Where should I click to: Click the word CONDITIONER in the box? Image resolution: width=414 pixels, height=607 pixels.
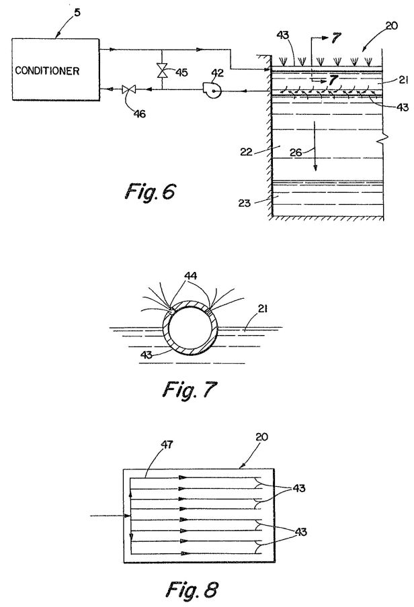[x=47, y=71]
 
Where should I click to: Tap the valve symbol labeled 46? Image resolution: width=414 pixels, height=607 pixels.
[x=127, y=89]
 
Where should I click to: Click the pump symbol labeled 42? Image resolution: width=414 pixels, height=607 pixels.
[x=212, y=91]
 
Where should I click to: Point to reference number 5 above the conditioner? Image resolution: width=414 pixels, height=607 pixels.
[x=77, y=12]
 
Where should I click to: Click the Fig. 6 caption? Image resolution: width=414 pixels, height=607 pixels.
[x=150, y=191]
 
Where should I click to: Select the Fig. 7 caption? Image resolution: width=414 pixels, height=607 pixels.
[x=189, y=389]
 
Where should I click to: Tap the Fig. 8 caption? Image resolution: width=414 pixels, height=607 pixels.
[x=192, y=589]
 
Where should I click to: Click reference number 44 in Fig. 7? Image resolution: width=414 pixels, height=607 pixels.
[x=190, y=275]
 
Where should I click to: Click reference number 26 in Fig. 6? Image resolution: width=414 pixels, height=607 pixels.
[x=296, y=152]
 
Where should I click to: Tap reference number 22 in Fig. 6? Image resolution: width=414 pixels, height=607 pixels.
[x=246, y=152]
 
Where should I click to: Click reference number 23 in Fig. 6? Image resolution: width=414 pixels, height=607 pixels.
[x=245, y=203]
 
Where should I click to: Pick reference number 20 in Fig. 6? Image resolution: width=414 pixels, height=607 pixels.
[x=392, y=26]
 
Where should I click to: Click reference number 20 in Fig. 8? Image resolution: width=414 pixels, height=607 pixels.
[x=261, y=436]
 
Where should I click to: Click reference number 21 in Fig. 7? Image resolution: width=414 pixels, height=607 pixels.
[x=262, y=308]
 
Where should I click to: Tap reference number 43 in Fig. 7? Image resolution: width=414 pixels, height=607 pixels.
[x=146, y=354]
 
